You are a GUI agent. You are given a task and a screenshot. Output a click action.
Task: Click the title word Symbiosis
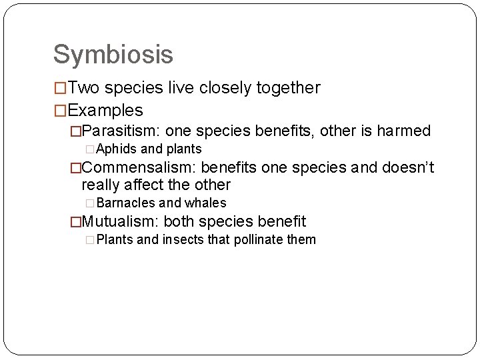[113, 55]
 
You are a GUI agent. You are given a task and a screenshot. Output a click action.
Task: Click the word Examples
[105, 110]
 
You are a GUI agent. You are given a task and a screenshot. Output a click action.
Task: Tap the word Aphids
[117, 149]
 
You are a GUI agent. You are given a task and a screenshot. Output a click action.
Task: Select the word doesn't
[408, 167]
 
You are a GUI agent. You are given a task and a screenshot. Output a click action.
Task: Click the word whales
[205, 203]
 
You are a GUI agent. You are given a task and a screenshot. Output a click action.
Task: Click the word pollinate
[259, 239]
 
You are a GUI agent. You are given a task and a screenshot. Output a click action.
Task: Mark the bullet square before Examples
[60, 110]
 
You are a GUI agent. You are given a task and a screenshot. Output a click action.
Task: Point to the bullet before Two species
[60, 88]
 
